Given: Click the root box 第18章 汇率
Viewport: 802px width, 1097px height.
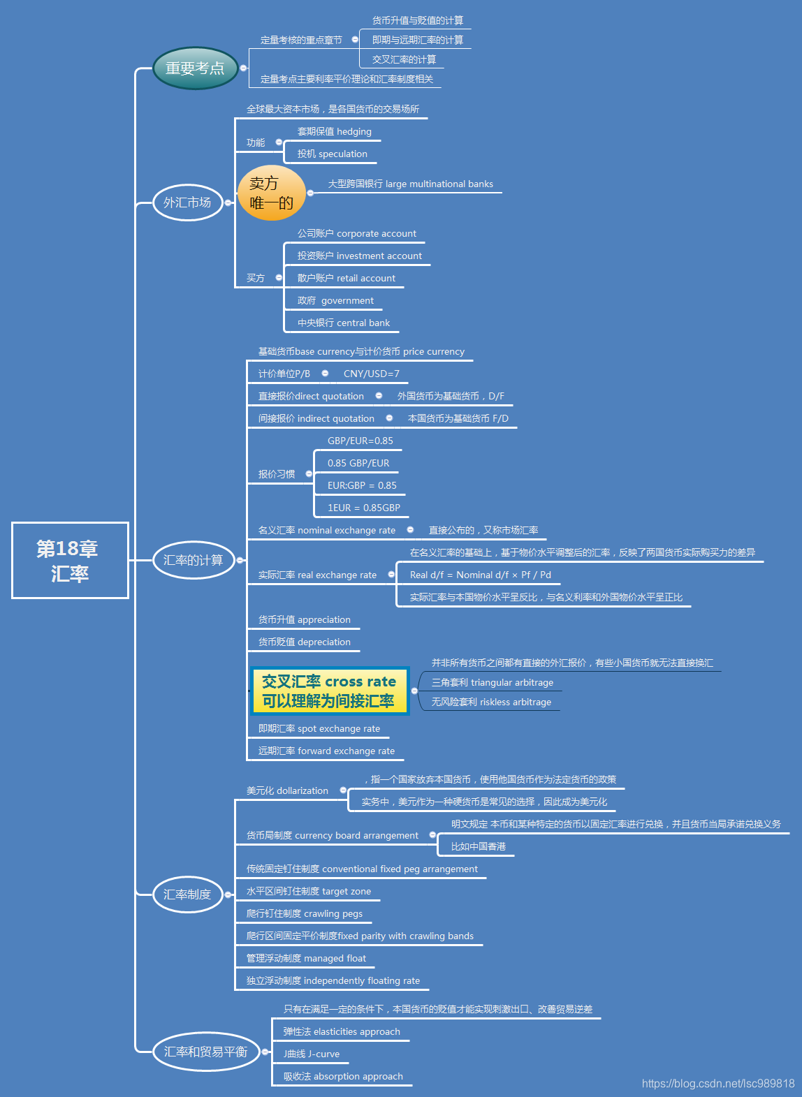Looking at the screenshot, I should point(70,560).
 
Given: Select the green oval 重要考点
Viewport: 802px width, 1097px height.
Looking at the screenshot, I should point(195,68).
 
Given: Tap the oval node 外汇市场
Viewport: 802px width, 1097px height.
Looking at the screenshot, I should point(187,203).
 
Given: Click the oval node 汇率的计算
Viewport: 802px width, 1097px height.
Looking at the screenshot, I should point(193,560).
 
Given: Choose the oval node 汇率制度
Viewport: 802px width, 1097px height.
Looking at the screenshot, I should point(187,894).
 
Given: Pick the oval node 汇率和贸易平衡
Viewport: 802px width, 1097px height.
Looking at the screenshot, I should point(205,1052).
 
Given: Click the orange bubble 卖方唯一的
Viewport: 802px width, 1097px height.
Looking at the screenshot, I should point(271,193).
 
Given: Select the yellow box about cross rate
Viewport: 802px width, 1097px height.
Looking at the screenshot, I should point(328,691).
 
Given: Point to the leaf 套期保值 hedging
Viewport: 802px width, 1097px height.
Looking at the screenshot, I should point(335,132).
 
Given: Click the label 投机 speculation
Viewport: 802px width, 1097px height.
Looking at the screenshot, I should point(333,154).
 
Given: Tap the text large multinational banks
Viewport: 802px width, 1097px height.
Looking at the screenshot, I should point(411,184).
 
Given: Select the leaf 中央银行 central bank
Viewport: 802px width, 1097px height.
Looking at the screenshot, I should point(344,323).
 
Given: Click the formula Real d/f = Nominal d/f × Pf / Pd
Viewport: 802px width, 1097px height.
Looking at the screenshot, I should point(481,575).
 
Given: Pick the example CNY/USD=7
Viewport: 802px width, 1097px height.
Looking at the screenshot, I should point(372,374).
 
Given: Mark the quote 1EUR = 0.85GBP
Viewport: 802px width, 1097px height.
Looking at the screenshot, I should point(364,508).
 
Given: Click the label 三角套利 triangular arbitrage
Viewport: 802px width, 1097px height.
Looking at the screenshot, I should point(493,683).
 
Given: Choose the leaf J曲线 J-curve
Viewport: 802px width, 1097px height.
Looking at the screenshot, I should point(312,1054).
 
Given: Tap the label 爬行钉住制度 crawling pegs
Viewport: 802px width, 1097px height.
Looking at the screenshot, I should point(305,914).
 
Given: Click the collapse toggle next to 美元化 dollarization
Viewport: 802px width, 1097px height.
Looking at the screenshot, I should point(343,790).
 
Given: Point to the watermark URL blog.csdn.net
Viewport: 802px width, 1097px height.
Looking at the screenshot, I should point(718,1084).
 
